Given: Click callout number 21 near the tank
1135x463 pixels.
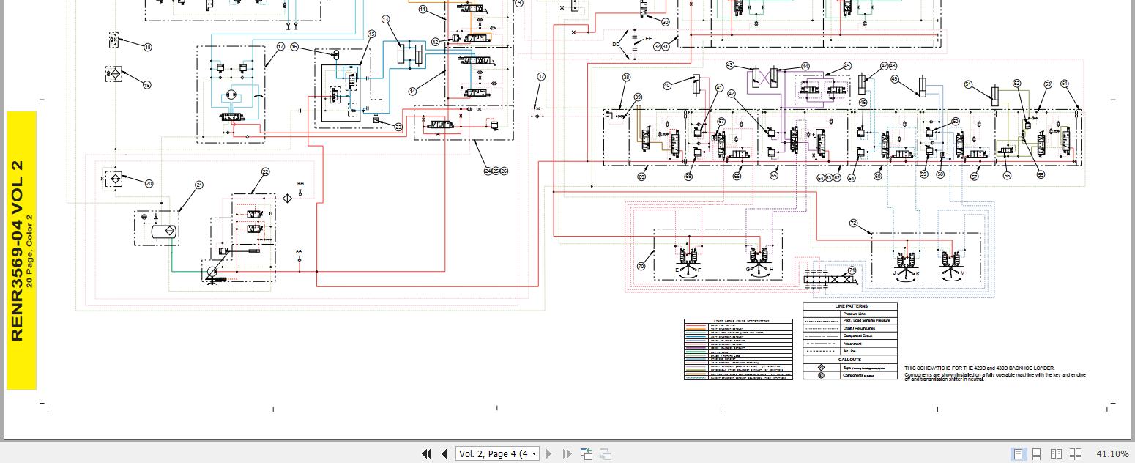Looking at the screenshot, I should point(198,185).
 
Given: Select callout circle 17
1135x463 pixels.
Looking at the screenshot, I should point(280,47).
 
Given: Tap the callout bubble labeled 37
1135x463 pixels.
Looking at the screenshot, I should point(541,76).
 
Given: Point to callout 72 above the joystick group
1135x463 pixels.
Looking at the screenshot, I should point(853,223).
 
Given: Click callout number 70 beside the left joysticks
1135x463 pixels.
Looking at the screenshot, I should point(641,267).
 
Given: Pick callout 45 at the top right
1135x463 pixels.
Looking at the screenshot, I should point(847,66).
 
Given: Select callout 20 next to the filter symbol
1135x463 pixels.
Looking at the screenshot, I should point(149,184).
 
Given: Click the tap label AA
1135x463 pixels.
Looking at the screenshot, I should point(299,252).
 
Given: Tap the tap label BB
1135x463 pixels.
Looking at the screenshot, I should point(300,184).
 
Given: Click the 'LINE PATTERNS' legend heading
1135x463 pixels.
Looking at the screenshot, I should point(850,306).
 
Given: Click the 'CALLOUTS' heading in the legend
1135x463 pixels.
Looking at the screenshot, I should point(850,360).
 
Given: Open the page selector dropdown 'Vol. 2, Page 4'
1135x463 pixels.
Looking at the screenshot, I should point(497,454).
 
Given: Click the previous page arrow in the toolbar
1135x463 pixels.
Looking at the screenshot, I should point(444,454).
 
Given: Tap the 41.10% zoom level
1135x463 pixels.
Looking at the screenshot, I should point(1112,454).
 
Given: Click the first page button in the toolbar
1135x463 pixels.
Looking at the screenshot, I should point(426,454).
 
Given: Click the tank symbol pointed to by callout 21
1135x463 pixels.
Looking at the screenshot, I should point(157,230).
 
